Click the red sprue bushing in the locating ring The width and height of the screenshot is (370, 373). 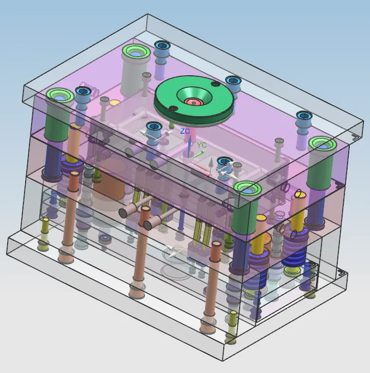194,103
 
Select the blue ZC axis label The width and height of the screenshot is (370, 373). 185,131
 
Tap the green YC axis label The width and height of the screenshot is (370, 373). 202,145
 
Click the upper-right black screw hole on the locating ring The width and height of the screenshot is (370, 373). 216,84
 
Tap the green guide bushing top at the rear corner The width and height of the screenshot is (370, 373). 136,52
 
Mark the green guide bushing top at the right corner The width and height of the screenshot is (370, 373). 323,144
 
